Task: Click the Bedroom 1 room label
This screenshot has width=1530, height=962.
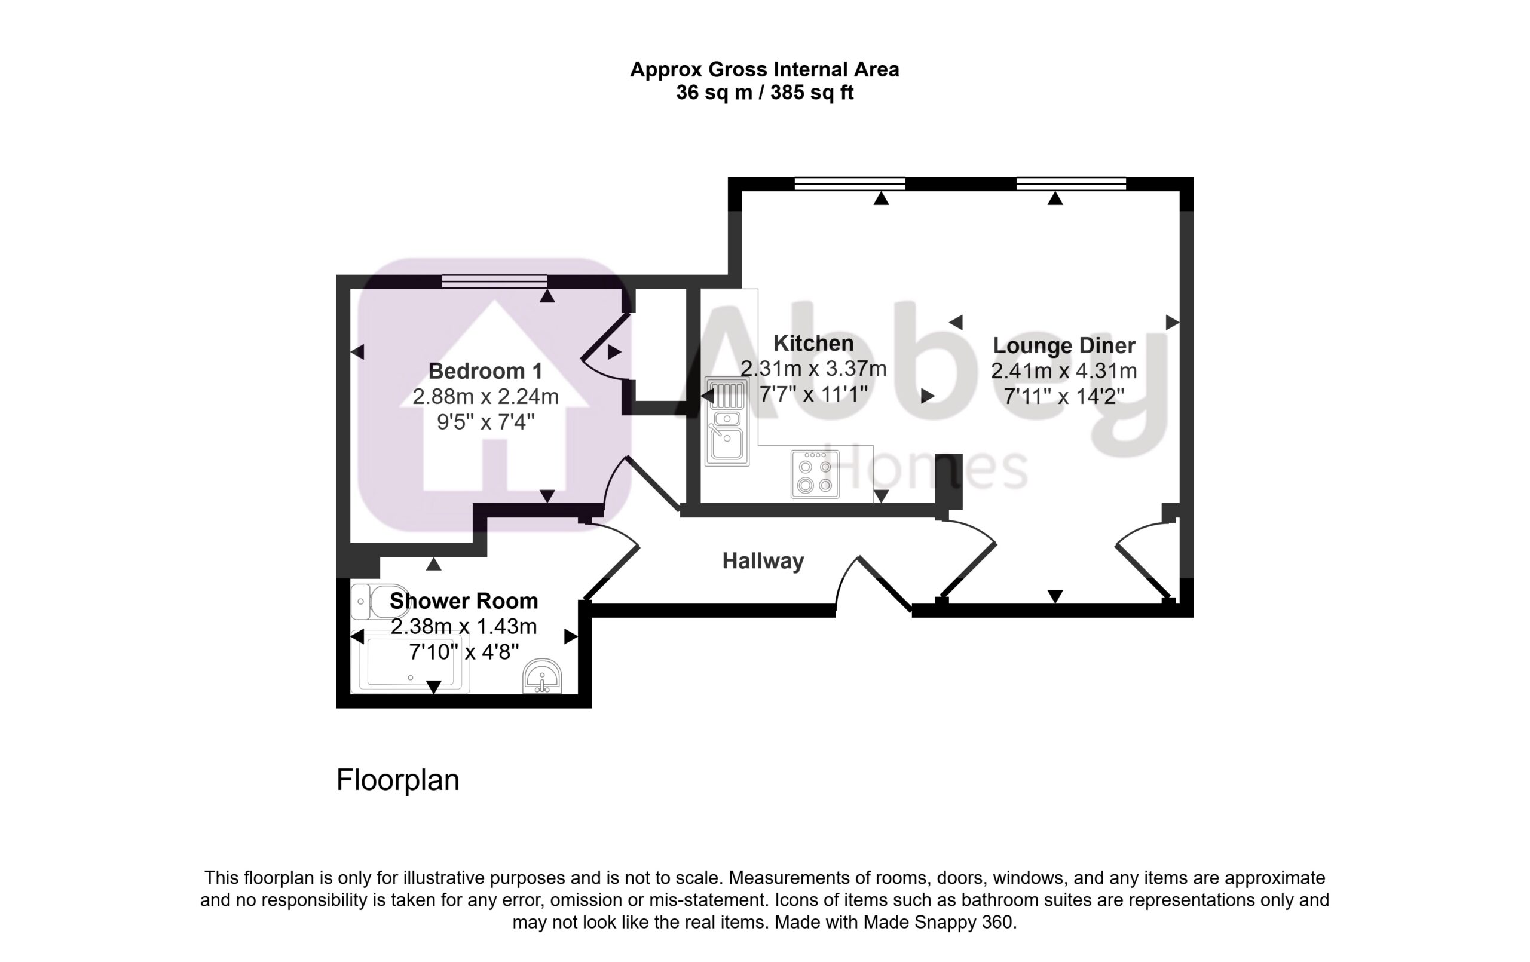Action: pos(485,371)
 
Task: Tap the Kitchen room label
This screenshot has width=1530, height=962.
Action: pos(813,344)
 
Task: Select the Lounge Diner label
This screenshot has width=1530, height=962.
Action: pos(1064,345)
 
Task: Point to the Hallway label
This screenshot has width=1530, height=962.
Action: pos(763,561)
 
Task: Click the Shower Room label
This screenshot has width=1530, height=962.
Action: pos(464,601)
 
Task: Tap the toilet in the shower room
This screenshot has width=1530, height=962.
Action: pos(379,602)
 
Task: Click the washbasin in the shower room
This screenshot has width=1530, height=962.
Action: pos(542,676)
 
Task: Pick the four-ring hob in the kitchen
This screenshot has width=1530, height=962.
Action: pos(815,474)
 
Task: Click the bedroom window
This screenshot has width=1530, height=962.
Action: pos(494,281)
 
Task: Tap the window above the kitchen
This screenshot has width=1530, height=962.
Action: pos(849,183)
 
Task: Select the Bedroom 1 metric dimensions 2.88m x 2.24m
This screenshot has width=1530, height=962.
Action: pos(485,397)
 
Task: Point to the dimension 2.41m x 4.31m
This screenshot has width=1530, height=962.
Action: pos(1064,371)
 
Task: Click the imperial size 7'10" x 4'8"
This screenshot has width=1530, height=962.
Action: pos(464,652)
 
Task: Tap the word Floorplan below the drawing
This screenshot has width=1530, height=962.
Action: pos(398,780)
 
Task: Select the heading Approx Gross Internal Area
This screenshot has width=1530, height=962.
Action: pos(764,69)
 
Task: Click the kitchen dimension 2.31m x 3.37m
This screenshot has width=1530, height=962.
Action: pos(813,369)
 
